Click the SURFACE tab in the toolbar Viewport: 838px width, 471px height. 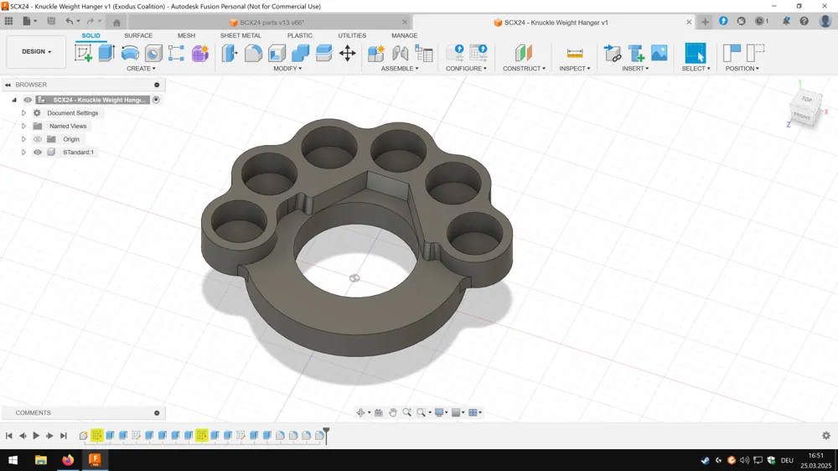click(138, 35)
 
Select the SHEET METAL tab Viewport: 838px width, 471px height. click(241, 35)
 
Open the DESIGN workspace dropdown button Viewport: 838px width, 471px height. click(36, 52)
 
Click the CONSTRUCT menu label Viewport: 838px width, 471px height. click(524, 69)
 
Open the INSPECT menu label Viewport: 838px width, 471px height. click(575, 69)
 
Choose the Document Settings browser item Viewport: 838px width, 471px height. click(73, 113)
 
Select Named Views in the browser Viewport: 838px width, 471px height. click(68, 127)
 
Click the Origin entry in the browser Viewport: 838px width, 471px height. click(71, 139)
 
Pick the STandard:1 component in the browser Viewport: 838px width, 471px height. click(78, 153)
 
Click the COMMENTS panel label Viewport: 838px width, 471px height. click(34, 412)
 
